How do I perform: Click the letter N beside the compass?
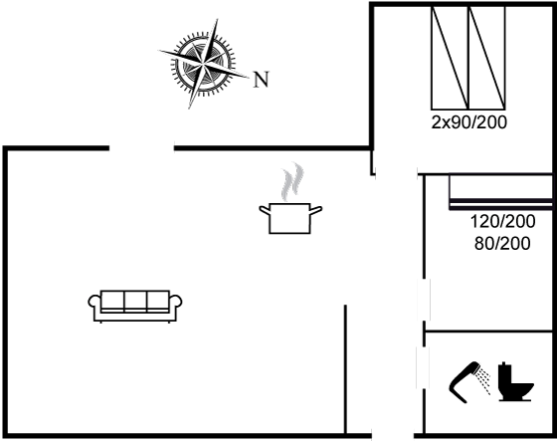pyautogui.click(x=261, y=80)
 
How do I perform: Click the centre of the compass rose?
pyautogui.click(x=203, y=64)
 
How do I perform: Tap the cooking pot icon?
pyautogui.click(x=290, y=218)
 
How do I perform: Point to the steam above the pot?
pyautogui.click(x=292, y=181)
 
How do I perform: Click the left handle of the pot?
pyautogui.click(x=265, y=210)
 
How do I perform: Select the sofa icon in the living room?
pyautogui.click(x=135, y=307)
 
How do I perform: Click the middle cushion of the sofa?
pyautogui.click(x=135, y=301)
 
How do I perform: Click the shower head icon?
pyautogui.click(x=464, y=381)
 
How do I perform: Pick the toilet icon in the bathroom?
pyautogui.click(x=514, y=382)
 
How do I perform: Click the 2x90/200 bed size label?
pyautogui.click(x=468, y=122)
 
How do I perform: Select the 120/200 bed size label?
pyautogui.click(x=502, y=222)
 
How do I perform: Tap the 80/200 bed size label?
pyautogui.click(x=502, y=244)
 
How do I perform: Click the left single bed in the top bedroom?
pyautogui.click(x=450, y=58)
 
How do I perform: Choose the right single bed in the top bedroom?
pyautogui.click(x=487, y=58)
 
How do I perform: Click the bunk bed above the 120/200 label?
pyautogui.click(x=501, y=192)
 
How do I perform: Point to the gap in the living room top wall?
pyautogui.click(x=141, y=148)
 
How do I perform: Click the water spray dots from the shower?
pyautogui.click(x=484, y=381)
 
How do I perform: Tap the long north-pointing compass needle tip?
pyautogui.click(x=249, y=78)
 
